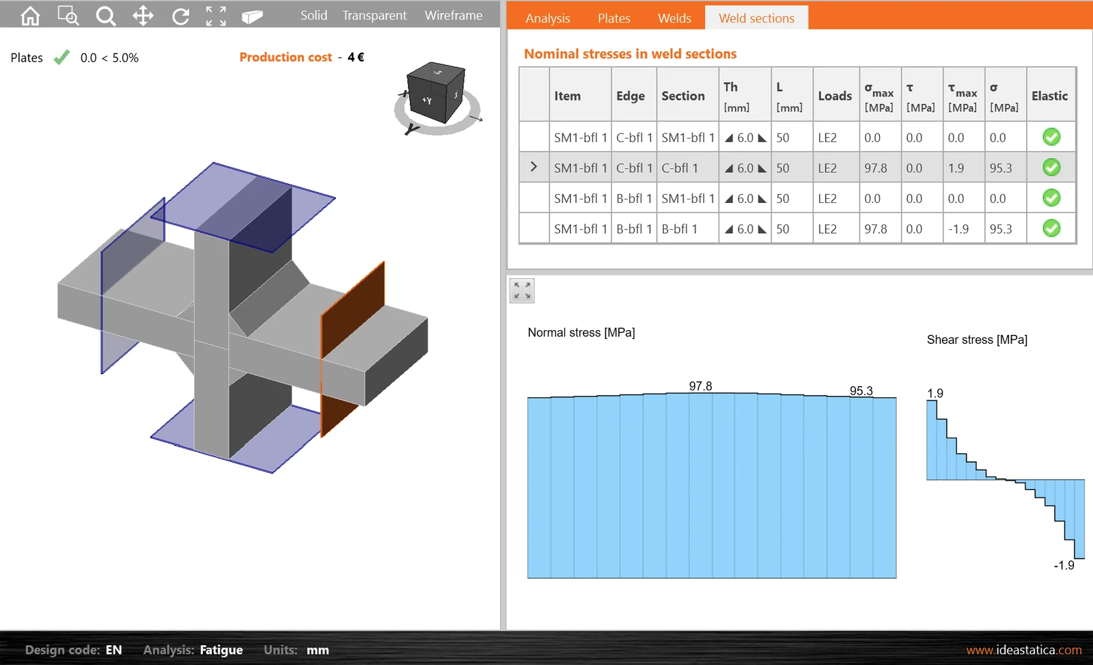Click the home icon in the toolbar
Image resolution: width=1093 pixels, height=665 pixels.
pyautogui.click(x=30, y=16)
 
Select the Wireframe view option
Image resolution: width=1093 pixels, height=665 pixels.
pyautogui.click(x=454, y=16)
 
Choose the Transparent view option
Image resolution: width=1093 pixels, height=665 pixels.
pyautogui.click(x=374, y=16)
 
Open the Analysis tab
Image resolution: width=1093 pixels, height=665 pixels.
pyautogui.click(x=547, y=18)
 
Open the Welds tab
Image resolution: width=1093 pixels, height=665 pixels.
pyautogui.click(x=674, y=18)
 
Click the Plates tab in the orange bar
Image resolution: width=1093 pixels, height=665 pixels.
pyautogui.click(x=614, y=18)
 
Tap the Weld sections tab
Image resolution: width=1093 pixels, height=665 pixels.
pyautogui.click(x=756, y=18)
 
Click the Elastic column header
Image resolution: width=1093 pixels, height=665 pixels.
pyautogui.click(x=1049, y=96)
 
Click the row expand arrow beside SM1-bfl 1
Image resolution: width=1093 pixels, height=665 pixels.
pyautogui.click(x=534, y=167)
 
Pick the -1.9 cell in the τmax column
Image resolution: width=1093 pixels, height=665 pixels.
pyautogui.click(x=958, y=228)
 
